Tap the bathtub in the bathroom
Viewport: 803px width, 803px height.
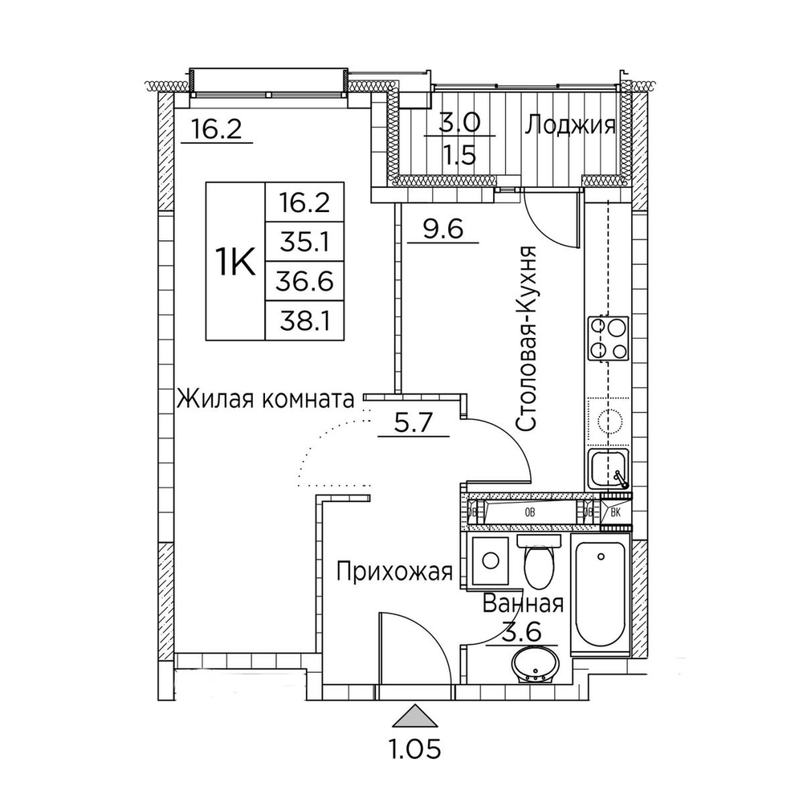point(600,594)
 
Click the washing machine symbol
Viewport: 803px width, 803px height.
point(491,560)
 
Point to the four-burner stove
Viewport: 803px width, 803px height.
point(609,339)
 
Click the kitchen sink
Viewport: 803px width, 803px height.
point(609,469)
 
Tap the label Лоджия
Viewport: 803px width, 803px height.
point(569,126)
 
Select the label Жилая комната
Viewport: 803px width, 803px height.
point(265,398)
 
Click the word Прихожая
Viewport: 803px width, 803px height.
point(394,572)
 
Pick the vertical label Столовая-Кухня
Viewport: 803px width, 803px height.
point(526,339)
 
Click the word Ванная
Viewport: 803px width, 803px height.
point(523,604)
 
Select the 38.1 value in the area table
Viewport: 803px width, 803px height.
point(304,321)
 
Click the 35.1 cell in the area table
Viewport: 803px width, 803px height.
point(304,243)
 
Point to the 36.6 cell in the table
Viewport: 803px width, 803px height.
point(304,282)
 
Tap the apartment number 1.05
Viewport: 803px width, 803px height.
point(416,750)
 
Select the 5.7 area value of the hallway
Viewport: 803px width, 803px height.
point(413,422)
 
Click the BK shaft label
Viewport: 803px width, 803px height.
point(616,512)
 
